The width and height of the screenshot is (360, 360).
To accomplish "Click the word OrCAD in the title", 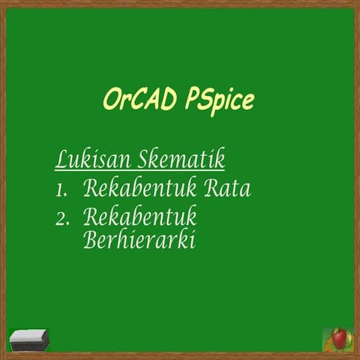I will (x=140, y=100).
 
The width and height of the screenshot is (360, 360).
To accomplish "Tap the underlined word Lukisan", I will (x=91, y=160).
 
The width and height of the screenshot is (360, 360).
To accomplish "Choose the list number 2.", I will (x=62, y=219).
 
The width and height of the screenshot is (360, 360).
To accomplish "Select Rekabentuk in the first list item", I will (x=133, y=188).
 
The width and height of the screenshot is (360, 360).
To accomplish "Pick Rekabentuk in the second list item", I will (x=140, y=217).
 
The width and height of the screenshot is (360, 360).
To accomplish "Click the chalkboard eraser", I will (x=29, y=341).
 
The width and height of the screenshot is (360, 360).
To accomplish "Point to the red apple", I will (x=339, y=338).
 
